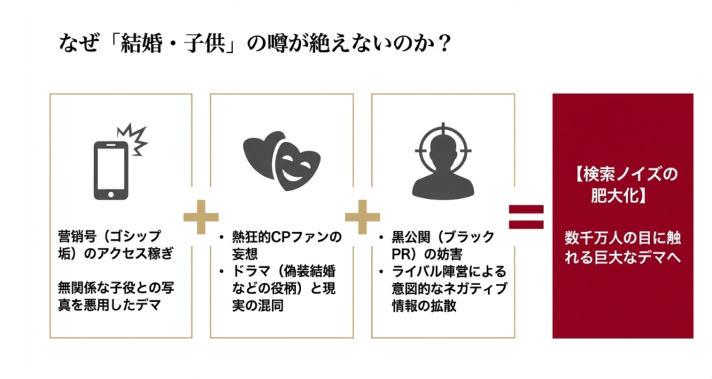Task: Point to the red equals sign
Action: click(x=526, y=216)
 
